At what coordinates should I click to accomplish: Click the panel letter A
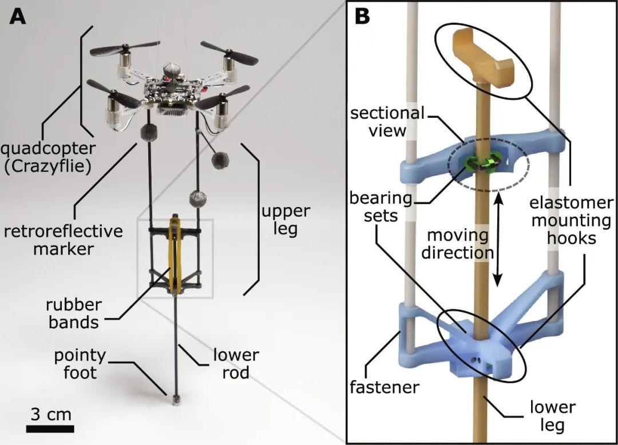point(18,17)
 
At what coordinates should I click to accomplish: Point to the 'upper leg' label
point(286,220)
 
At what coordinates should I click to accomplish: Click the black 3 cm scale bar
point(50,428)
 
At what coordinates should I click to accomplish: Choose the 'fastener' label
point(385,387)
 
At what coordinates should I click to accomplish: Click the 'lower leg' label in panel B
point(552,415)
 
